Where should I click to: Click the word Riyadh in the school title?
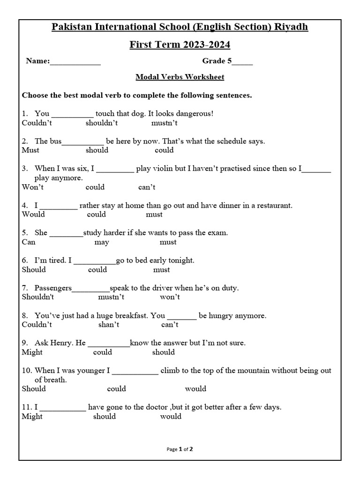click(x=290, y=27)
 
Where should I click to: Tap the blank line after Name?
click(x=75, y=61)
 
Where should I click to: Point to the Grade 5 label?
click(x=220, y=61)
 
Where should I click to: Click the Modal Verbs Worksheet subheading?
click(x=180, y=77)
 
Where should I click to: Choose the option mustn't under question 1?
click(x=165, y=123)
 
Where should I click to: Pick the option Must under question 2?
click(x=30, y=150)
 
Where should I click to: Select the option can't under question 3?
click(x=147, y=187)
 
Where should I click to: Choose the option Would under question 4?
click(x=33, y=214)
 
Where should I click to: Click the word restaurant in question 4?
click(x=272, y=205)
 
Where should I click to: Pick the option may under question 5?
click(x=102, y=242)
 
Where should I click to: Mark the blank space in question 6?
click(x=95, y=261)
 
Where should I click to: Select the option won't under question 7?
click(x=170, y=297)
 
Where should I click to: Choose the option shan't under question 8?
click(x=109, y=325)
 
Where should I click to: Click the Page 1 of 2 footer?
click(x=180, y=449)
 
